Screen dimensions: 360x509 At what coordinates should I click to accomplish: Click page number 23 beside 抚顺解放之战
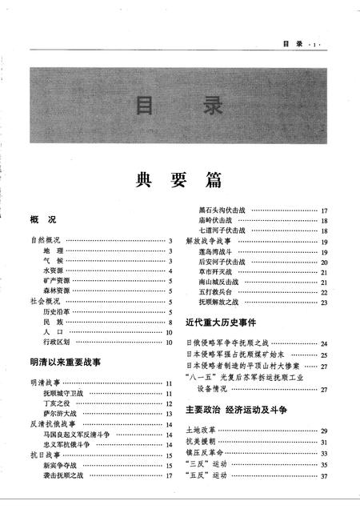(325, 303)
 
